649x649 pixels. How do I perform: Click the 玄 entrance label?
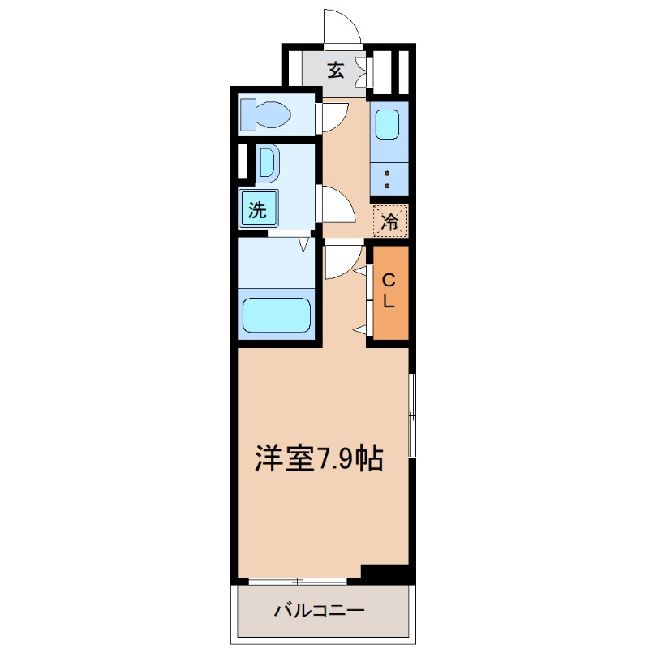click(x=336, y=70)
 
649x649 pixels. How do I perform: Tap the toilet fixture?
click(x=266, y=114)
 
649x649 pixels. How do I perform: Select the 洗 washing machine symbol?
click(x=258, y=210)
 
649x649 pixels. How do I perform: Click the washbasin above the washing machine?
click(x=267, y=164)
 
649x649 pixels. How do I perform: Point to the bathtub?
click(x=276, y=315)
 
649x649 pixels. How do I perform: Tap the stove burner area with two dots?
click(x=388, y=178)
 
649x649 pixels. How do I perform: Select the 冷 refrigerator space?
click(x=390, y=221)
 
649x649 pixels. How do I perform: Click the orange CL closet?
click(x=389, y=292)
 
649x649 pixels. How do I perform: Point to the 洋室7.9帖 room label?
click(x=319, y=459)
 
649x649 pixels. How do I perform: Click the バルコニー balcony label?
click(x=319, y=609)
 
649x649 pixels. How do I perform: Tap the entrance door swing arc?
click(x=342, y=24)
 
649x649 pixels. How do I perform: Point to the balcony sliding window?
click(x=298, y=581)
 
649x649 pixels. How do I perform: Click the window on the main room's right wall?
click(x=412, y=415)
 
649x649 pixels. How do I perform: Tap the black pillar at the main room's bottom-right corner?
click(x=385, y=573)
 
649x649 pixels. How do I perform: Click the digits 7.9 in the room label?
click(x=335, y=460)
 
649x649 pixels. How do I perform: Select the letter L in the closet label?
click(x=389, y=303)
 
